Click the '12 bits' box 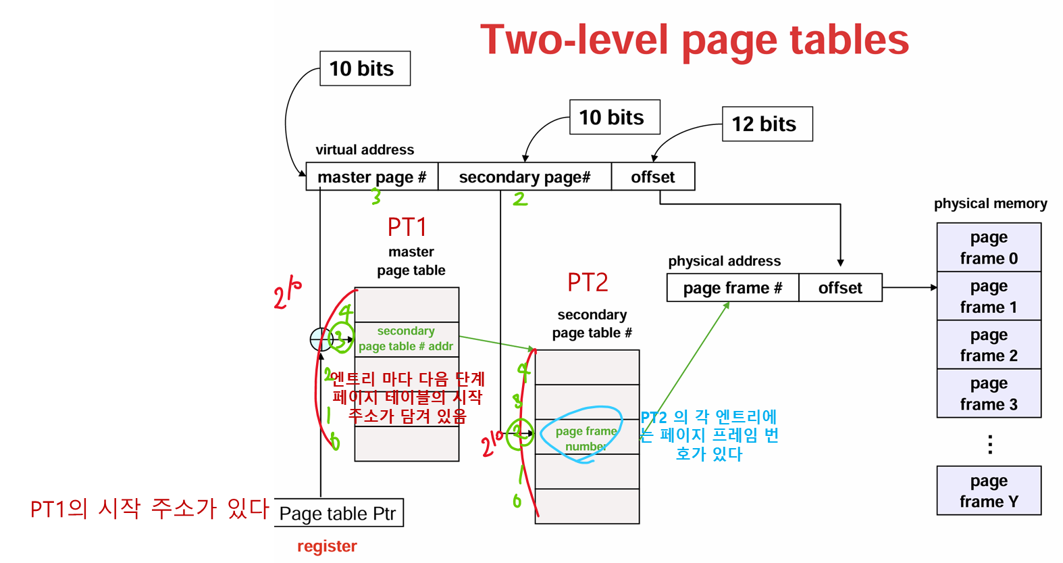(767, 124)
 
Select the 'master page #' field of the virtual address (371, 177)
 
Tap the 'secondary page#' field (524, 177)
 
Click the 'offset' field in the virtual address (652, 177)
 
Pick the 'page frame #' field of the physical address (732, 288)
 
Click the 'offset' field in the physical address (840, 288)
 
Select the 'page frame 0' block (989, 248)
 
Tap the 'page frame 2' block (989, 345)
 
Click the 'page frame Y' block (989, 491)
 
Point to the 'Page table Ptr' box (338, 514)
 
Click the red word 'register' (327, 546)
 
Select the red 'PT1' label (407, 227)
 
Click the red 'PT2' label (588, 283)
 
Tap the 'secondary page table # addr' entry (406, 339)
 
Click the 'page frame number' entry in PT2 (586, 438)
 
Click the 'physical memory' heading (990, 203)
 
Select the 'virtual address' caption (365, 150)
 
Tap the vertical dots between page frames (989, 444)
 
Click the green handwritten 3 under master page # (376, 196)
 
